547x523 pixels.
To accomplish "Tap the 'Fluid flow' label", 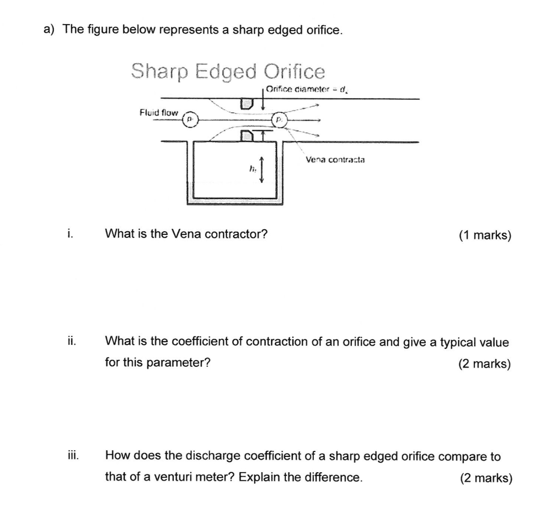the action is click(158, 113).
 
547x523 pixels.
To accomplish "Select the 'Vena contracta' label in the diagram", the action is click(335, 160).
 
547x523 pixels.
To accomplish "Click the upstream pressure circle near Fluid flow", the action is click(190, 119).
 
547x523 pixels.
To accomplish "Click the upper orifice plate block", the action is click(246, 104).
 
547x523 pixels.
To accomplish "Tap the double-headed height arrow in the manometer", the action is click(262, 170).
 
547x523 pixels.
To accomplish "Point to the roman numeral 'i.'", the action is click(70, 234).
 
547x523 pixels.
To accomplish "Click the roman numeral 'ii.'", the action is click(71, 341).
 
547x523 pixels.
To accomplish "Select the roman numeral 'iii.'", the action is click(72, 455).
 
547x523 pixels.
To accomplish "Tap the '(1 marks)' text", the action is click(485, 235).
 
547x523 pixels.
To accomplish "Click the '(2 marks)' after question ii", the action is click(485, 364).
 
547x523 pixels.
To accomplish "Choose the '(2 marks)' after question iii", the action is click(486, 478).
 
